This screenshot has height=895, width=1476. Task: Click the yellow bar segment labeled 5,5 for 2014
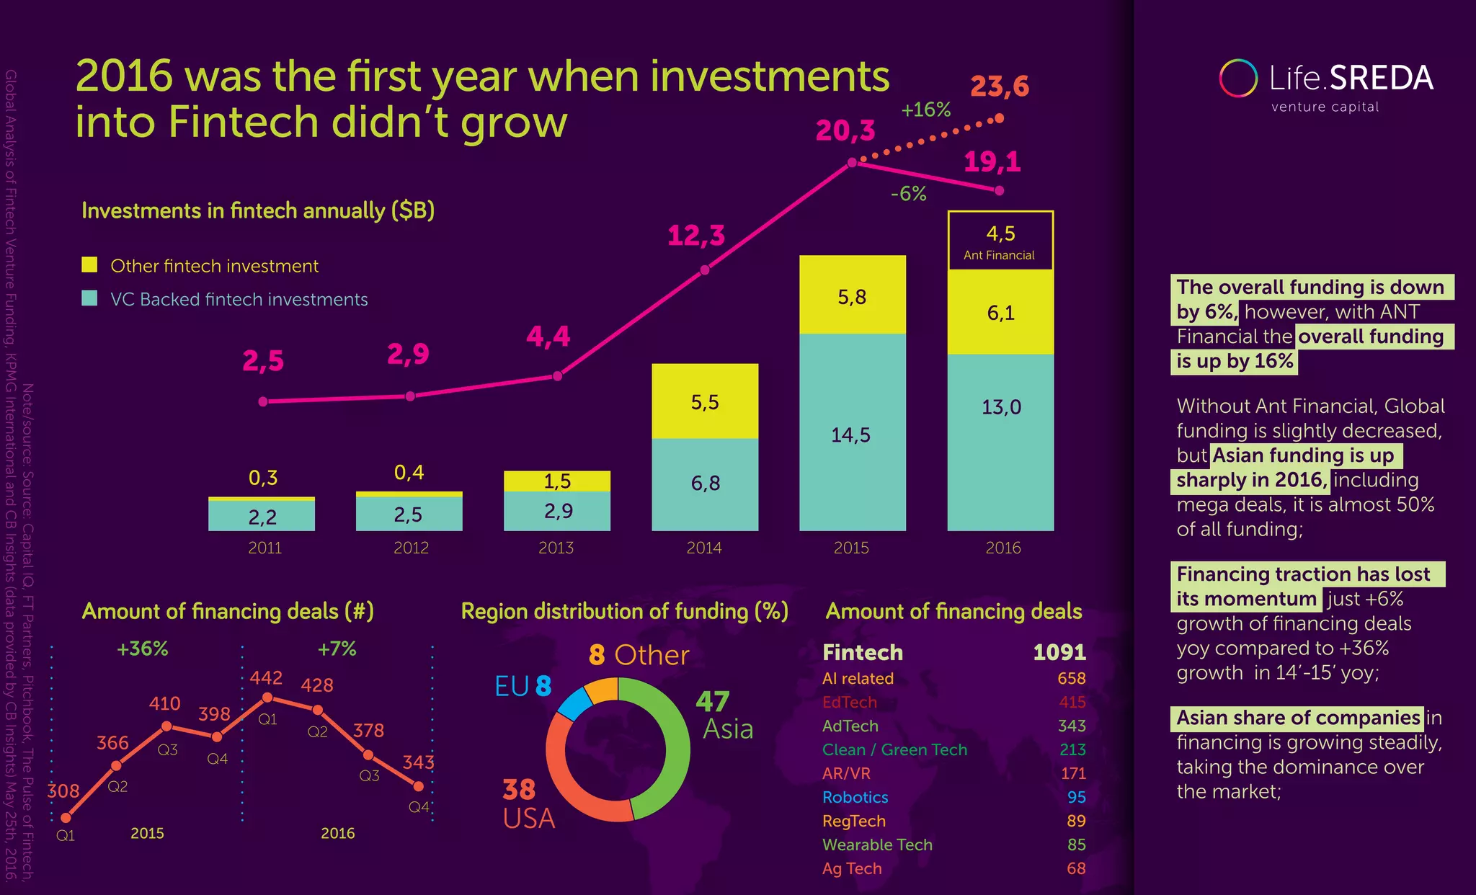click(x=705, y=401)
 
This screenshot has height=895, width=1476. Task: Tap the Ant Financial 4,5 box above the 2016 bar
click(x=1000, y=241)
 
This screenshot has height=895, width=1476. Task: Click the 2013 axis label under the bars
click(x=556, y=548)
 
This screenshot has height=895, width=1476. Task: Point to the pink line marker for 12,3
click(x=705, y=270)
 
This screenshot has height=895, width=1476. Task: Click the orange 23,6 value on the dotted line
click(x=999, y=87)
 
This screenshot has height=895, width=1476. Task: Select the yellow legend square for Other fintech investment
click(x=89, y=264)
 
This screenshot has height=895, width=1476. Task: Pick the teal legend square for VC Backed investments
click(x=89, y=298)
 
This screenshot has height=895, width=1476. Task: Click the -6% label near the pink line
click(x=908, y=194)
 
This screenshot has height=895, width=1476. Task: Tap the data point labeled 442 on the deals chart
click(x=267, y=697)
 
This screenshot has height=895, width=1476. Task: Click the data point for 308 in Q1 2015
click(x=66, y=817)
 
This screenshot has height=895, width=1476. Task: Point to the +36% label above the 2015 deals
click(x=143, y=649)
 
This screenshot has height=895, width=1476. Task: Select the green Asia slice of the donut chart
click(x=674, y=749)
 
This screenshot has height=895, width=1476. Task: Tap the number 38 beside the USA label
click(x=519, y=790)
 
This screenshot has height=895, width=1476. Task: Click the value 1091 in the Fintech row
click(x=1059, y=652)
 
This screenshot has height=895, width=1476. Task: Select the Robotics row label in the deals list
click(x=855, y=797)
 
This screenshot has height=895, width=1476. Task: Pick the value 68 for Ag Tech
click(x=1075, y=868)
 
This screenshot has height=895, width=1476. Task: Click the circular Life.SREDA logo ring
click(x=1237, y=79)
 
